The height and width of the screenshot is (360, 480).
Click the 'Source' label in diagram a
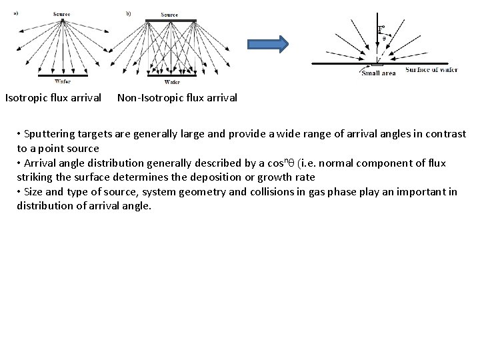(63, 13)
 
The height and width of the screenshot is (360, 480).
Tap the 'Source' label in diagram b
(169, 14)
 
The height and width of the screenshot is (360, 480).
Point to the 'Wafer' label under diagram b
(171, 82)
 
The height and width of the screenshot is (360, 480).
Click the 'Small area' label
(379, 73)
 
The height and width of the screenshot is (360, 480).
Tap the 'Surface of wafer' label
(431, 70)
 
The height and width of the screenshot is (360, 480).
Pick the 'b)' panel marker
(129, 12)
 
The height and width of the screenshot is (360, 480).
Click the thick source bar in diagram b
(170, 20)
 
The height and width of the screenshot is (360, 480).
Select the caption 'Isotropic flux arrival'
(53, 98)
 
